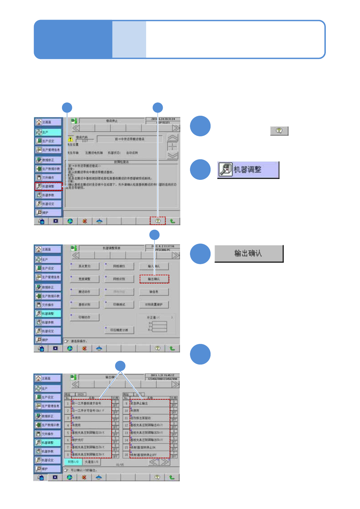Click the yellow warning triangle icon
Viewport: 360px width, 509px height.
[x=70, y=139]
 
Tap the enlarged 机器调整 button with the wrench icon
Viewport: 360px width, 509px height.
[x=248, y=170]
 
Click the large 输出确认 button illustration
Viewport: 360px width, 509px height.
[x=249, y=253]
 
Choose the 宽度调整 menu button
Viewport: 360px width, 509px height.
[x=84, y=279]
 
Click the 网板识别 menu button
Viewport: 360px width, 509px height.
[x=119, y=279]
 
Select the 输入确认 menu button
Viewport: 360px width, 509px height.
[x=154, y=266]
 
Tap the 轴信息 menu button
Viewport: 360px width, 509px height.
[x=154, y=292]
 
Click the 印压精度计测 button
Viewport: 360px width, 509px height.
[x=119, y=330]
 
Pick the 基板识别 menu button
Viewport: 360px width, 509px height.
[x=84, y=305]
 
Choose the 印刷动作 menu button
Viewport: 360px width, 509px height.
[x=84, y=317]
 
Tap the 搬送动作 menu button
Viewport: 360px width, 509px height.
[x=84, y=292]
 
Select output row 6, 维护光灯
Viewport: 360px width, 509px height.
[x=91, y=440]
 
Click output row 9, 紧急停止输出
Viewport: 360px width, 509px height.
[x=150, y=404]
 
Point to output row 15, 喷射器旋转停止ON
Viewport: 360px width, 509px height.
[x=150, y=447]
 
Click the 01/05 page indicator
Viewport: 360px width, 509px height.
[x=120, y=465]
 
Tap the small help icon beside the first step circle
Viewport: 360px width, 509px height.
[x=279, y=131]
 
